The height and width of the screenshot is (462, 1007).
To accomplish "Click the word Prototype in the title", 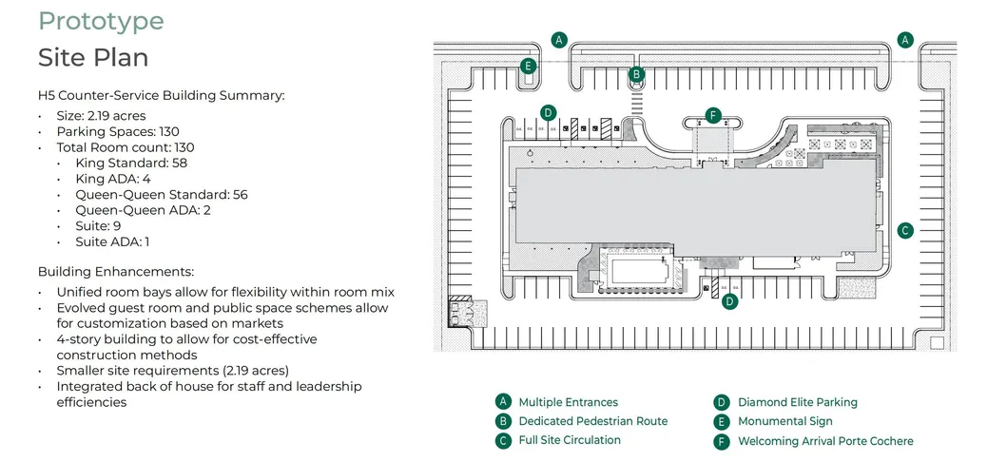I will coord(101,22).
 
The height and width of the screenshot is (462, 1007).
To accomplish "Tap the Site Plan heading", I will coord(93,58).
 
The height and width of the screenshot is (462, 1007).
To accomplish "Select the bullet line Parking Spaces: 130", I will coord(118,132).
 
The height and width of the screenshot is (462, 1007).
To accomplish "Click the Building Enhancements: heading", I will coord(116,272).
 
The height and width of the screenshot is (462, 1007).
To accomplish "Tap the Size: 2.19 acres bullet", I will coord(101,116).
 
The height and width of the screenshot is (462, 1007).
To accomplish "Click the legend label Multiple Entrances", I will coord(568,402).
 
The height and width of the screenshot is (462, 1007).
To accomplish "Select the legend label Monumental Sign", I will coord(784,421).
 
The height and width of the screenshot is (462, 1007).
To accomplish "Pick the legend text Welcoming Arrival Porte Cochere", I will coord(825,441).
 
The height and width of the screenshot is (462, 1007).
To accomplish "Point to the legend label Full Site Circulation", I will coord(570,440).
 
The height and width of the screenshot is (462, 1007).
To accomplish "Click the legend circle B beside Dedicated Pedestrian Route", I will coord(503,421).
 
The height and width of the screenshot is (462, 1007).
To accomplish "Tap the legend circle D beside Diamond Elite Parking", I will coord(722,402).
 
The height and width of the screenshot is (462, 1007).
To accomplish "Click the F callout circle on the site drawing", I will coord(713,116).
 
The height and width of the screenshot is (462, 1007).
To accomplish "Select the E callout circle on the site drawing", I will coord(529,67).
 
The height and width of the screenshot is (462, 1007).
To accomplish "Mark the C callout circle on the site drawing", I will coord(905,230).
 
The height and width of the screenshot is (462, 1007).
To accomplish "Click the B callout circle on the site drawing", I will coord(637,73).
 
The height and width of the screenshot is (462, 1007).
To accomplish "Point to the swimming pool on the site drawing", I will coord(636,272).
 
